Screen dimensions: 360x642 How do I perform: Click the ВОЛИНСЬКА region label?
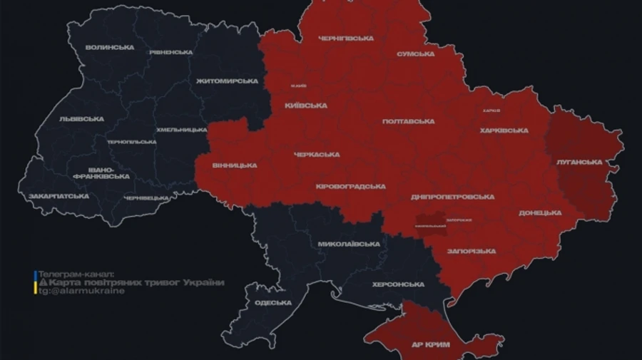tap(109, 48)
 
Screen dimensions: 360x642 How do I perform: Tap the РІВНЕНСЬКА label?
tap(171, 53)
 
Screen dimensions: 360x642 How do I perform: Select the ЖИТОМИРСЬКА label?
tap(227, 81)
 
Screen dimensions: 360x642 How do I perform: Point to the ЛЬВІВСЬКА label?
tap(81, 119)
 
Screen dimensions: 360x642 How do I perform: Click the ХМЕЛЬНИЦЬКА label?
tap(182, 130)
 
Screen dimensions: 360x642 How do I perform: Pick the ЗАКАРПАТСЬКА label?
tap(58, 196)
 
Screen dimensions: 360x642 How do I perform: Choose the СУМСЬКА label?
tap(415, 54)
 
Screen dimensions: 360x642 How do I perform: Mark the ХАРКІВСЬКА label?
tap(504, 130)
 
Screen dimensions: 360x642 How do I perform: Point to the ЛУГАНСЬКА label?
tap(579, 163)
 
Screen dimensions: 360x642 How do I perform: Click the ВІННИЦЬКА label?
tap(235, 165)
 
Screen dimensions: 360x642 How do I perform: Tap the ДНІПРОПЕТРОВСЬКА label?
tap(452, 197)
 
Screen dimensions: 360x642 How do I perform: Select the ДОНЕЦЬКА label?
tap(540, 212)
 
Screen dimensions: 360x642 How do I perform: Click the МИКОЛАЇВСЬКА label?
tap(349, 244)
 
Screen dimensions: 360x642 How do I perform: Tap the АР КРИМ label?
tap(430, 344)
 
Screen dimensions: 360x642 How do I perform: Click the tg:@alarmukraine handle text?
tap(82, 291)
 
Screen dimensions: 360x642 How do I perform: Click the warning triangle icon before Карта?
tap(42, 283)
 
